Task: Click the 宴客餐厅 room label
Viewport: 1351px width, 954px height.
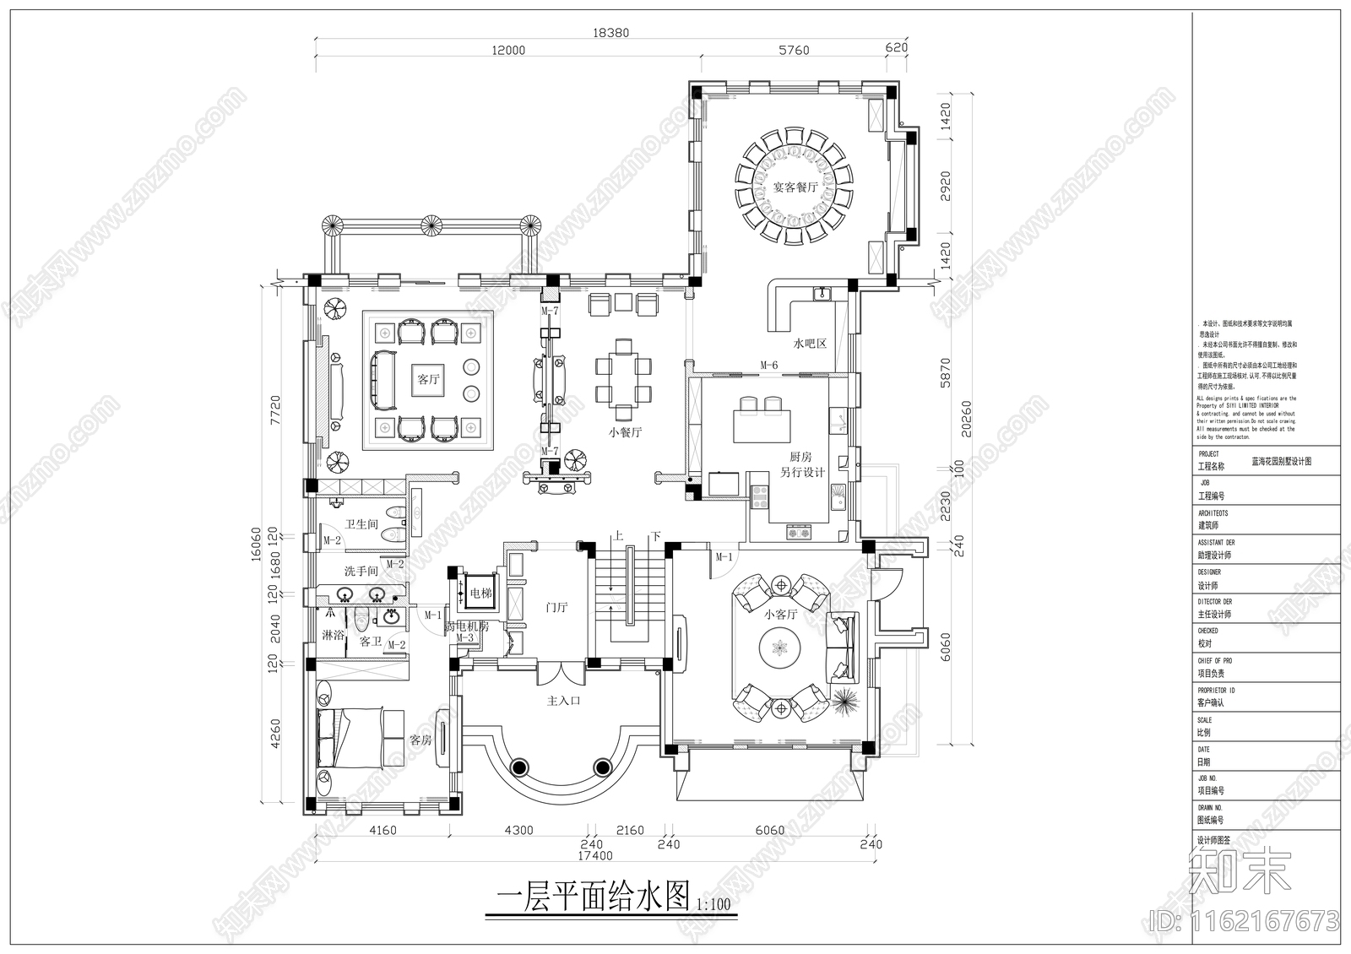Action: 795,187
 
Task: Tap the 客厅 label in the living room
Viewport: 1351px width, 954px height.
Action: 429,380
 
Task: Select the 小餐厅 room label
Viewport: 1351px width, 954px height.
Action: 625,432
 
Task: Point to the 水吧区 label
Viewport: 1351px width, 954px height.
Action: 808,344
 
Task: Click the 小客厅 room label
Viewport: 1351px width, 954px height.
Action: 780,615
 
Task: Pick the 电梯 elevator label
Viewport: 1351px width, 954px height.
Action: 480,594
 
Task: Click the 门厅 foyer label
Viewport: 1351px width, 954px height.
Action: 556,607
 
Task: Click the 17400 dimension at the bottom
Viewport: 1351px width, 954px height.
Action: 595,856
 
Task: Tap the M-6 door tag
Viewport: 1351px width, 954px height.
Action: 768,365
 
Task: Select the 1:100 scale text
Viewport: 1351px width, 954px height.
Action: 713,905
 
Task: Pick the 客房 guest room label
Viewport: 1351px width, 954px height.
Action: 420,740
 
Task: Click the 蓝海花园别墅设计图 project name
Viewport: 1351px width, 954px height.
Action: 1281,462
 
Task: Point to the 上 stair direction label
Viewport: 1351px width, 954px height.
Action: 618,536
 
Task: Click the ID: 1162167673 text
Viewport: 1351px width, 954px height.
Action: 1245,919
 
